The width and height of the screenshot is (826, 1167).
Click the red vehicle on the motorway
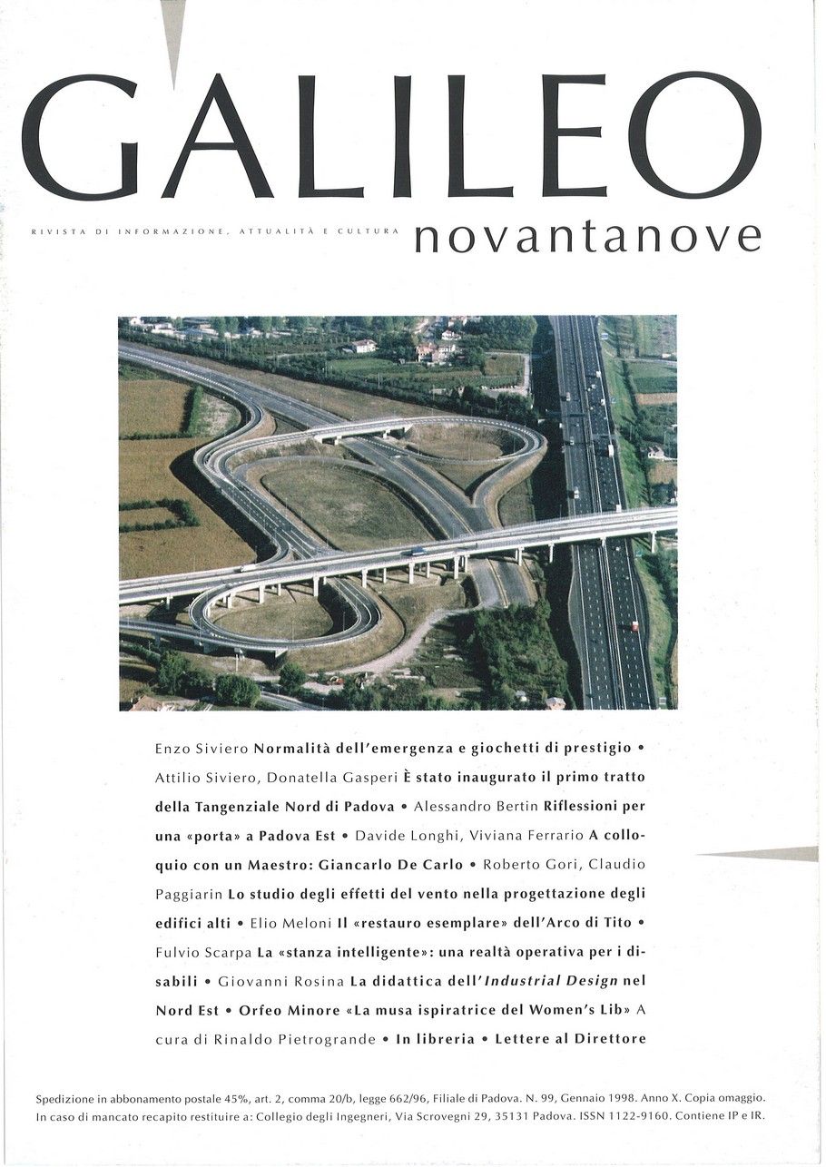point(634,625)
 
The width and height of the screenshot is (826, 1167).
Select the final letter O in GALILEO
point(694,136)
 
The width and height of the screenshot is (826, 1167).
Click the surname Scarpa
point(227,952)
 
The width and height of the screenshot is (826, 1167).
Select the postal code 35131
point(516,1116)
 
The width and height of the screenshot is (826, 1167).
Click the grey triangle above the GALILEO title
point(172,27)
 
